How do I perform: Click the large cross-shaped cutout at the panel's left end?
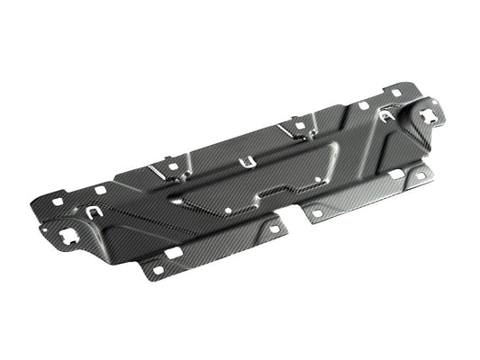68,238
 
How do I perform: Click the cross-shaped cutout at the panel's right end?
428,114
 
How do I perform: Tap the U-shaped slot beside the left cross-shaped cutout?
95,212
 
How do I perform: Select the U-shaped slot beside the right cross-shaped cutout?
386,116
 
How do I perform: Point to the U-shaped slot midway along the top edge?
243,163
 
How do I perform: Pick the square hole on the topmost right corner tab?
397,92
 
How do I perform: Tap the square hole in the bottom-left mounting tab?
157,269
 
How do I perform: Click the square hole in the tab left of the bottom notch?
274,229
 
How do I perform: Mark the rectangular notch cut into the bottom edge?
293,211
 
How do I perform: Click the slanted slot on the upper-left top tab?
169,166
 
